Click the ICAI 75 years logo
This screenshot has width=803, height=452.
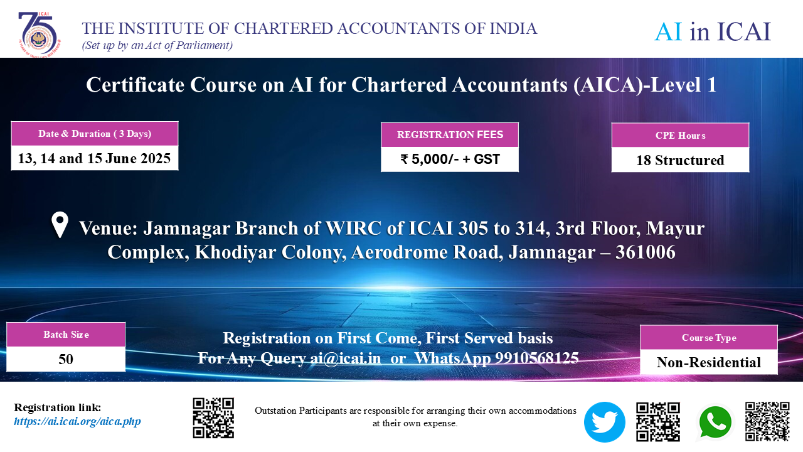pos(40,35)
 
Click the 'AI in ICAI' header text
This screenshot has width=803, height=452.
pos(712,31)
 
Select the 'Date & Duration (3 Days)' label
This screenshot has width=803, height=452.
pos(95,134)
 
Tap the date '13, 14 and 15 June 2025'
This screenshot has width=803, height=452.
pos(94,158)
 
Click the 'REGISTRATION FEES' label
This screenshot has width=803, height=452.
pos(450,135)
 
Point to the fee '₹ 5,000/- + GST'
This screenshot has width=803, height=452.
pos(450,159)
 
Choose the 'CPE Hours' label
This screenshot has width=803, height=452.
pos(681,136)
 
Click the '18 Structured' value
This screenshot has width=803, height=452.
pos(681,160)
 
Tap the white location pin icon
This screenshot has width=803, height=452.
pos(60,224)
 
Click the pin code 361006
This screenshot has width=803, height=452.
pos(646,252)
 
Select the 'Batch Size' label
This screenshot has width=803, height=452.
pos(66,335)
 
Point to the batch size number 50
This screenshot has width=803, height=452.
pos(66,359)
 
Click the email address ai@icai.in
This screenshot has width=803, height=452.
pos(346,358)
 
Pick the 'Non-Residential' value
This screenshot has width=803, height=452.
pos(709,362)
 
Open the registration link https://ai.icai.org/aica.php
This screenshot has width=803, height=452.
pos(77,421)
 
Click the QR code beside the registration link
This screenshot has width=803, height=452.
pos(213,418)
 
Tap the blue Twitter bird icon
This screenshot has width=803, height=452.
pos(604,422)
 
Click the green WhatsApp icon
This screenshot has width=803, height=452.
pos(715,423)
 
